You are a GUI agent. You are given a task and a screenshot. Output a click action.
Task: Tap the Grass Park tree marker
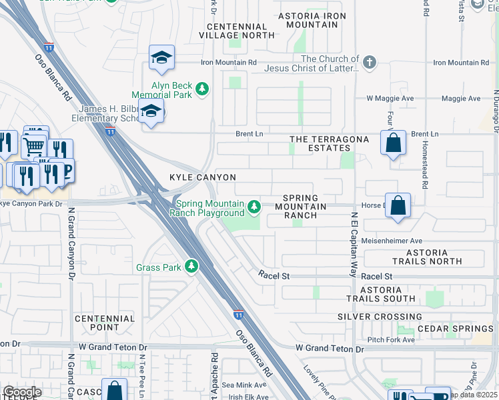191,267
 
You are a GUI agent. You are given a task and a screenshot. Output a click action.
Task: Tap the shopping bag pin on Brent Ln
393,143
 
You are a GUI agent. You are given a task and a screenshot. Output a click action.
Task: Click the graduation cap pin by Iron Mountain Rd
161,59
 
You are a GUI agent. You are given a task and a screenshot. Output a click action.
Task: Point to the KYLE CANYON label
203,177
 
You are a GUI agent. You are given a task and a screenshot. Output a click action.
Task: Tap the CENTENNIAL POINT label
105,323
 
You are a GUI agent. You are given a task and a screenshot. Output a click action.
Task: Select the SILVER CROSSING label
380,317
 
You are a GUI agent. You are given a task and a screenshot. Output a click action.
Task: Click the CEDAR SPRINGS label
454,329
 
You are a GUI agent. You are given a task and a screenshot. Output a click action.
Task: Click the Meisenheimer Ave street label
392,241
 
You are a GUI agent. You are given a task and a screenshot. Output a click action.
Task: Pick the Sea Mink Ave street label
244,385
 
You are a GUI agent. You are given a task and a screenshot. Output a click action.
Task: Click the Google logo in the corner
22,392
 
